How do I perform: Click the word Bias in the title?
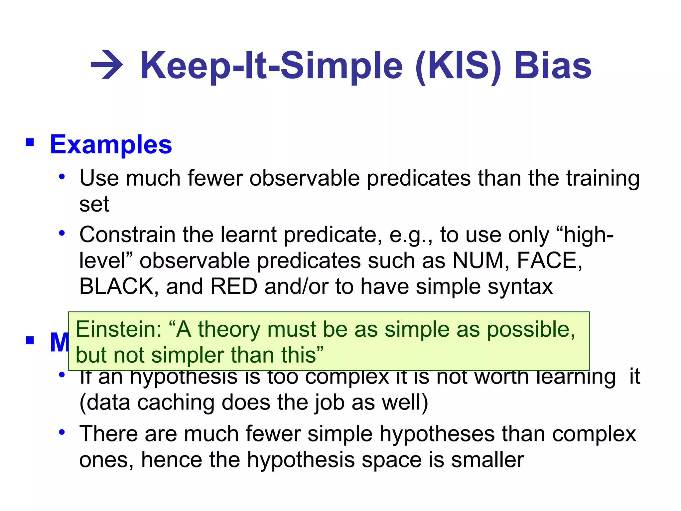(552, 66)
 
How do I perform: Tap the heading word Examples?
(111, 145)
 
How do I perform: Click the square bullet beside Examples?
(30, 142)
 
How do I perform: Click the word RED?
(234, 286)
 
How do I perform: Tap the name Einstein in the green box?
(118, 329)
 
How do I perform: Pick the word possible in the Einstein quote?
(531, 330)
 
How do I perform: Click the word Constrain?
(127, 235)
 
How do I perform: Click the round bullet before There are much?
(62, 432)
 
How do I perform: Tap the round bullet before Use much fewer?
(62, 177)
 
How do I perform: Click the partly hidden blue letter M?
(59, 343)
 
